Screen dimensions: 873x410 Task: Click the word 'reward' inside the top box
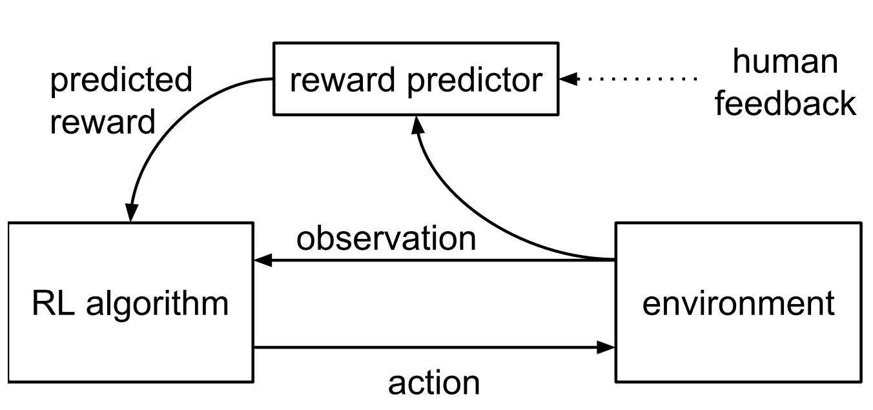tap(342, 80)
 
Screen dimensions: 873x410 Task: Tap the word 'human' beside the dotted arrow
tap(785, 61)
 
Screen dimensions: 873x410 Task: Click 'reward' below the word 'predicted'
tap(103, 121)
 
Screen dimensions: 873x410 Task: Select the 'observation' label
tap(386, 238)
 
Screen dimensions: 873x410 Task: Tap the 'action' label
tap(434, 384)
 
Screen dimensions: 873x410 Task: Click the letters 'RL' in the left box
tap(54, 303)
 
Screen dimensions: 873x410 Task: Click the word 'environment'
tap(738, 304)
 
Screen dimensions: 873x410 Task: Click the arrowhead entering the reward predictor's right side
tap(568, 79)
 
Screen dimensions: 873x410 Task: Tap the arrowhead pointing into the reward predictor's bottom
tap(417, 125)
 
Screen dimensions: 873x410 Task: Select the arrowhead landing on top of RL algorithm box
tap(131, 213)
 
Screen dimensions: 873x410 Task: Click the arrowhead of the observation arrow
tap(263, 260)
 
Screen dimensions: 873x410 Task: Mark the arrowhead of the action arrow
tap(606, 347)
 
